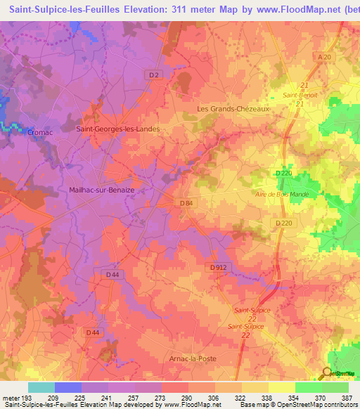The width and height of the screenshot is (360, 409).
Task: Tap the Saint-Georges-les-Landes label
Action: click(117, 129)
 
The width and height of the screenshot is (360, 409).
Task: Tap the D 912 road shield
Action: click(218, 268)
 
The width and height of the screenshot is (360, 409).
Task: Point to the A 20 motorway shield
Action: click(324, 56)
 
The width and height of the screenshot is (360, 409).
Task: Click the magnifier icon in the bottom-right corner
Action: click(327, 374)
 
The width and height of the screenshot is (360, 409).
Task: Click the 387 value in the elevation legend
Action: click(347, 397)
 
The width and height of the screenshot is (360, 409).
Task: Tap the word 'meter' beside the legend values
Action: click(12, 397)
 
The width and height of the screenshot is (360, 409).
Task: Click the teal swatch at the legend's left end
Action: click(41, 387)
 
